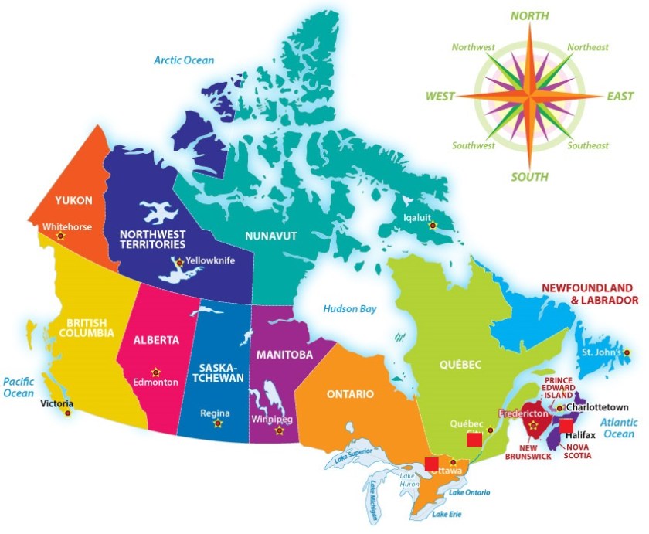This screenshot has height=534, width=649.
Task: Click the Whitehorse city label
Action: point(68,227)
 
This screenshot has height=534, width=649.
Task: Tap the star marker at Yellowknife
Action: point(180,262)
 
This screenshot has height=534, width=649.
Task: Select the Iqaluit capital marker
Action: point(433,226)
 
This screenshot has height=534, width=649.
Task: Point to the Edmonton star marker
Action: point(156,371)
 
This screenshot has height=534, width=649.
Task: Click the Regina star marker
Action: point(216,423)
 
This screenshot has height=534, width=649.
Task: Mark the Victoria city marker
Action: point(67,413)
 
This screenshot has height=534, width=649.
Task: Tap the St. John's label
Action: point(603,353)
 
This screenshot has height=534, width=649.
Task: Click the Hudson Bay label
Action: point(350,309)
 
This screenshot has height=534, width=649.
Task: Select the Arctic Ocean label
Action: point(184,60)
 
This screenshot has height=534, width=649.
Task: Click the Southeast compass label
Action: point(588,145)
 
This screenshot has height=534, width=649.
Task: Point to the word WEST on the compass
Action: point(440,97)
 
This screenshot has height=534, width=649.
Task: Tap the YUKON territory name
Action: point(74,200)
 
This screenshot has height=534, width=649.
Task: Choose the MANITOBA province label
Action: point(286,355)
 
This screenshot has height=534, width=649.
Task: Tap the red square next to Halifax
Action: point(566,426)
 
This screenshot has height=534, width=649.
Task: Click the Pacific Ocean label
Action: point(19,387)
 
